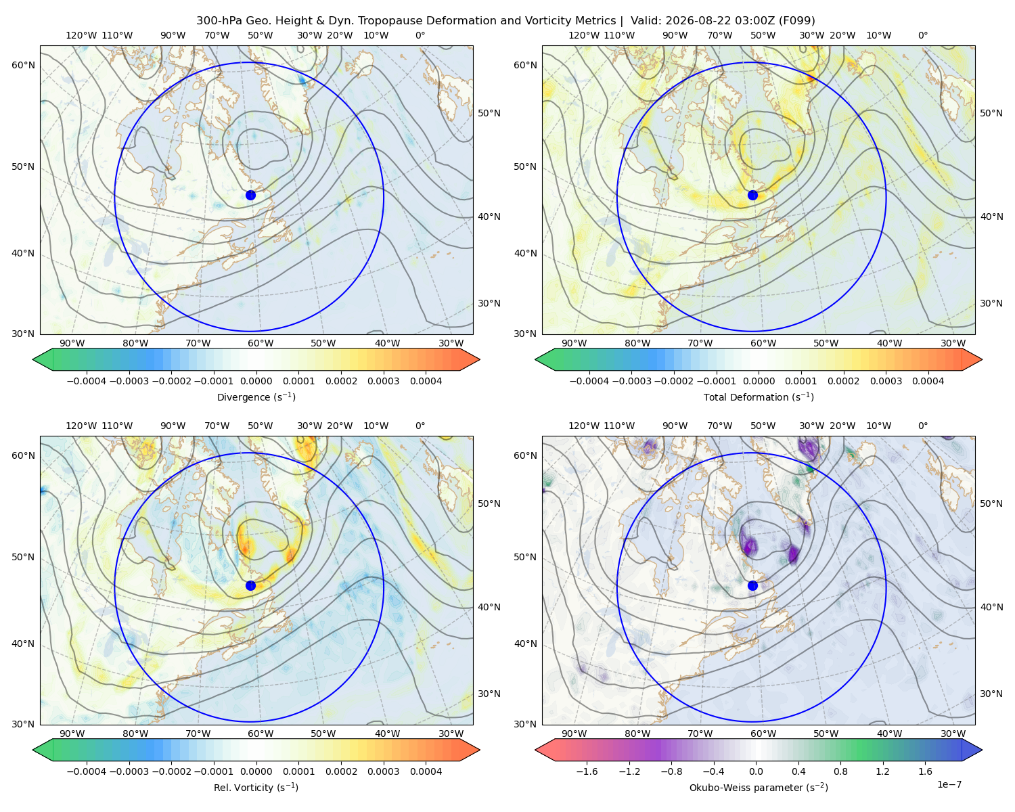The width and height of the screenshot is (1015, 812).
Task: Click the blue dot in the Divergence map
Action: (x=250, y=196)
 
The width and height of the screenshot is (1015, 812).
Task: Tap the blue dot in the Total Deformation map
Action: (x=752, y=196)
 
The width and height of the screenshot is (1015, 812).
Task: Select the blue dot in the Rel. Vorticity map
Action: (x=250, y=585)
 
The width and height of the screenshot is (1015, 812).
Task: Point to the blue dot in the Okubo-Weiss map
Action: (x=752, y=585)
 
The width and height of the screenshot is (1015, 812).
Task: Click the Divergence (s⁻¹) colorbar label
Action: (x=256, y=397)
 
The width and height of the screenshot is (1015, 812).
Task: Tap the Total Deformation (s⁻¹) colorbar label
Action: (x=759, y=397)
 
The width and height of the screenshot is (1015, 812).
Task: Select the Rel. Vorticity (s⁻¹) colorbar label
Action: (x=256, y=788)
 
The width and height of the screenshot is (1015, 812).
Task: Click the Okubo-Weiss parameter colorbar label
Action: (x=759, y=788)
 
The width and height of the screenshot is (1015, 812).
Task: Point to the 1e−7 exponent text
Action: (x=949, y=785)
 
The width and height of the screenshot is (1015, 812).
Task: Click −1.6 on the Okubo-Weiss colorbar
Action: (x=587, y=771)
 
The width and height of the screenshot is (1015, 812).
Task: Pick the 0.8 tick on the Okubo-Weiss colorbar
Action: (x=840, y=771)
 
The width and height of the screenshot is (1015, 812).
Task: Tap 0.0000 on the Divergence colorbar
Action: (x=256, y=381)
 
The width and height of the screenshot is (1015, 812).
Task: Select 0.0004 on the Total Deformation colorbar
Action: (x=928, y=381)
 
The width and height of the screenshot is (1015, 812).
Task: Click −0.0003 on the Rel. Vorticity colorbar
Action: (x=129, y=771)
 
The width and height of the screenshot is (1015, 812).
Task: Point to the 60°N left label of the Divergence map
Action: (x=23, y=65)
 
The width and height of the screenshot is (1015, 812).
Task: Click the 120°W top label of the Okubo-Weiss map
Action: (x=583, y=426)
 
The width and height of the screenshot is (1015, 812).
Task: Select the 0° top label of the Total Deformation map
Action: (x=922, y=35)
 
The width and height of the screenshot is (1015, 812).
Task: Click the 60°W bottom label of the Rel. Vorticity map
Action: (x=261, y=734)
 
